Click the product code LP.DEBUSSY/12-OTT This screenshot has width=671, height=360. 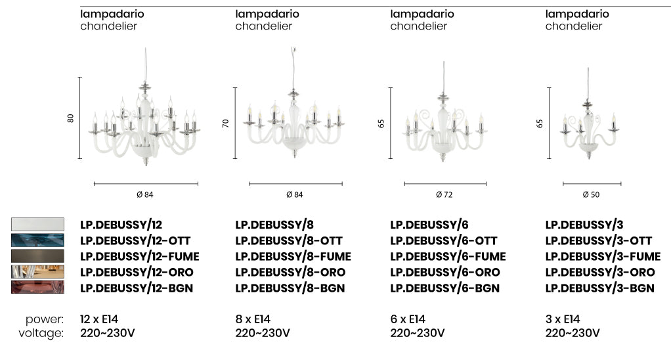point(135,240)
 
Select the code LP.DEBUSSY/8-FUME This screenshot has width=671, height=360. point(293,256)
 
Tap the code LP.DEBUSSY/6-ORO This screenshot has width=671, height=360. point(444,272)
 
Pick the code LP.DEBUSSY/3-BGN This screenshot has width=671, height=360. point(599,288)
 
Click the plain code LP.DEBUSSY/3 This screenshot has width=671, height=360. point(584,225)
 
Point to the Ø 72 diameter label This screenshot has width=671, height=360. point(444,194)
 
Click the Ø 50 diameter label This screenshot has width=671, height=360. point(591,194)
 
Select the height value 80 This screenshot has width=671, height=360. point(71,118)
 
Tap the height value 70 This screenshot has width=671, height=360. point(226,123)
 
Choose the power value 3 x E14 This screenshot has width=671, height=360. point(563,319)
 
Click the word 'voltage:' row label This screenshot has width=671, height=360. point(41,333)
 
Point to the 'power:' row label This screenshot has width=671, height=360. point(45,319)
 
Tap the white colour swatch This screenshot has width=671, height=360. point(37,224)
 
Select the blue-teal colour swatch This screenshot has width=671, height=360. point(37,240)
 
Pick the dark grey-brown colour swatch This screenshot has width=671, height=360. point(37,256)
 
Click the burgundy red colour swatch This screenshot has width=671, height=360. point(37,287)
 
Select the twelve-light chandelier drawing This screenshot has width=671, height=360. point(144,122)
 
